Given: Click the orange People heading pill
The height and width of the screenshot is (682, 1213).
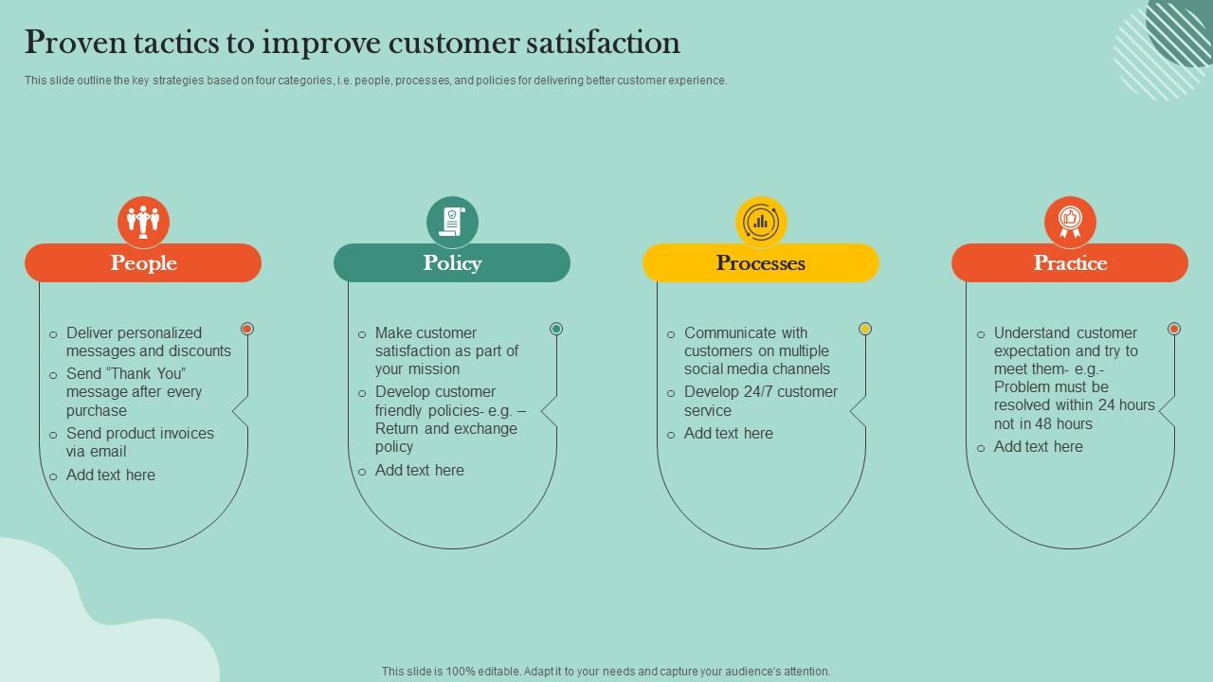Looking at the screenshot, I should coord(143,263).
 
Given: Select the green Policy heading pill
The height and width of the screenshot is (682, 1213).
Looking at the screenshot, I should coord(452,263).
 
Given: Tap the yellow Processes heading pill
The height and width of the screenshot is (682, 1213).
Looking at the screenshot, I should coord(761,263).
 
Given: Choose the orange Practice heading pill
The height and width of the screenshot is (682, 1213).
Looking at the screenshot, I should coord(1070,263).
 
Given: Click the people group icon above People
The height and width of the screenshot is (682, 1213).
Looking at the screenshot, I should coord(144,222).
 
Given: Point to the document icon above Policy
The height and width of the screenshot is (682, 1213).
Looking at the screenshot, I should coord(452,222).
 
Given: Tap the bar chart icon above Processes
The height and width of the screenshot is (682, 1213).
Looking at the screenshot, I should coord(761,222).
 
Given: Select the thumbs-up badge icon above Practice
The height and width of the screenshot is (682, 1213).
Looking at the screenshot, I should coord(1070,222).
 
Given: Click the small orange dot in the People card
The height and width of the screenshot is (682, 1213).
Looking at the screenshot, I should coord(247,329).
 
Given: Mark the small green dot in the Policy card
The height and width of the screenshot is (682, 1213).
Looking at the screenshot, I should coord(556,329).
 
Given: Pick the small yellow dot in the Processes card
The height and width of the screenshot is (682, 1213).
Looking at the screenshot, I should coord(865,329).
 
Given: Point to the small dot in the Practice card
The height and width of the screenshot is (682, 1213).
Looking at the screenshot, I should coord(1174,329).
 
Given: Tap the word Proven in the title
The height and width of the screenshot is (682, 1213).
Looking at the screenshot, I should coord(71,43).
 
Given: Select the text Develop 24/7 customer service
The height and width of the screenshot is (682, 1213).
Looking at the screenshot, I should coord(760,401).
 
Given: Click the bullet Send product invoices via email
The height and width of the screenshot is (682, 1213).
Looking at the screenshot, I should coord(139,442).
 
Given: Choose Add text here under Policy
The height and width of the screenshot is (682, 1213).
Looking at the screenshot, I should coord(419,470).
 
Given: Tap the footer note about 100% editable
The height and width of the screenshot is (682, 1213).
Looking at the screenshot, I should coord(606,672).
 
